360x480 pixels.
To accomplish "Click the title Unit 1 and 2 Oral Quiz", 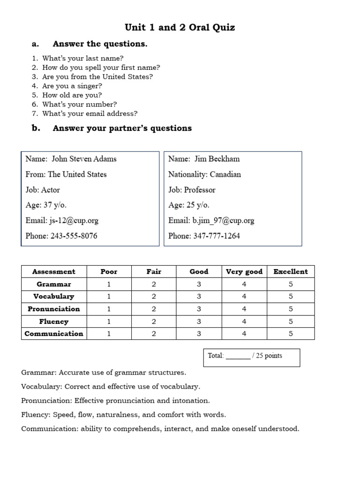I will coord(180,27).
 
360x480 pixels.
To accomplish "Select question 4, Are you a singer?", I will coord(72,86).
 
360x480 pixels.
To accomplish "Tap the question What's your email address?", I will coord(90,113).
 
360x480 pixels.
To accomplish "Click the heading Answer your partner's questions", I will coord(122,128).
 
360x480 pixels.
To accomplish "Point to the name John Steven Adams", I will coord(84,159).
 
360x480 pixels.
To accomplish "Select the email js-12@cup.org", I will coord(74,220).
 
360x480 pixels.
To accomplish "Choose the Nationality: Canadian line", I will coord(204,174).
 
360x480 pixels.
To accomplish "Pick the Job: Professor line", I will coord(192,190).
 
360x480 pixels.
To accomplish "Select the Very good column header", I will coord(244,271).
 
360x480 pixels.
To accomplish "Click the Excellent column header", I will coord(291,271).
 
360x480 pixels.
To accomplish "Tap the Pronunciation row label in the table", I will coord(54,309).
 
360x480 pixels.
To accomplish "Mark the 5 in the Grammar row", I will coord(291,284).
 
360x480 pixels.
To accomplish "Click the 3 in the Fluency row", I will coord(199,322).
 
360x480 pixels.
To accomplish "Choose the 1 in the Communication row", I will coord(109,334).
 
